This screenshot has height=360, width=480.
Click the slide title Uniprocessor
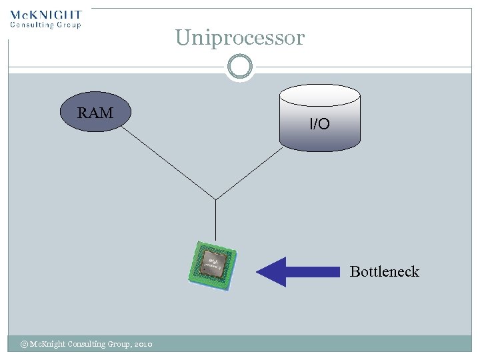pyautogui.click(x=240, y=38)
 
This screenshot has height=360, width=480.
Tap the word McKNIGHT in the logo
pyautogui.click(x=46, y=14)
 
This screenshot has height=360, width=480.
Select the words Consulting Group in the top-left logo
pyautogui.click(x=45, y=25)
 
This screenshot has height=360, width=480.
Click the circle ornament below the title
pyautogui.click(x=240, y=67)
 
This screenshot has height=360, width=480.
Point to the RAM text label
pyautogui.click(x=95, y=113)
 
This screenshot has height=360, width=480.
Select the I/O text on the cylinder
pyautogui.click(x=319, y=123)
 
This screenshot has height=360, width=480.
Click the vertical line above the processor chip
pyautogui.click(x=215, y=220)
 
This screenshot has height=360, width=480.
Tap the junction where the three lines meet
pyautogui.click(x=215, y=199)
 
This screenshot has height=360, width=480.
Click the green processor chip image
pyautogui.click(x=213, y=265)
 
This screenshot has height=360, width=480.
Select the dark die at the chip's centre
pyautogui.click(x=213, y=263)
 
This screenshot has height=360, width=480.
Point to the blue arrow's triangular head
pyautogui.click(x=271, y=271)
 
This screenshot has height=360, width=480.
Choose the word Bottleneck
pyautogui.click(x=384, y=271)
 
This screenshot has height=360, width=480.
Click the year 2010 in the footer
pyautogui.click(x=143, y=344)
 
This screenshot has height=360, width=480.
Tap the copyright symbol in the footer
pyautogui.click(x=24, y=344)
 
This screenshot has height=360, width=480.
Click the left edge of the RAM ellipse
pyautogui.click(x=61, y=112)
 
